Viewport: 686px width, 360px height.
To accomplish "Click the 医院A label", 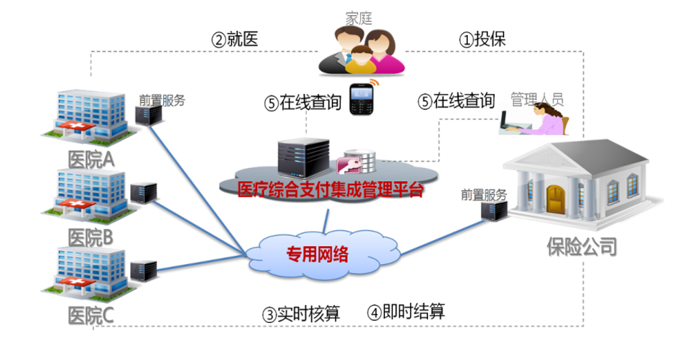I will (x=91, y=159).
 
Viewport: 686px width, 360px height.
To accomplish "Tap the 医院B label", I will (x=91, y=237).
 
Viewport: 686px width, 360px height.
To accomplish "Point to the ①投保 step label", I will (x=482, y=39).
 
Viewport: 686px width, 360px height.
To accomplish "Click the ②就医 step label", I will (x=235, y=39).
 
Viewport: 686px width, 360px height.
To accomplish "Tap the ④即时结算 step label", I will (x=405, y=312).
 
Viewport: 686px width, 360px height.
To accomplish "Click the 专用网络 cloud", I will (x=317, y=255).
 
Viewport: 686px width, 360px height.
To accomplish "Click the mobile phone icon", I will (x=361, y=99).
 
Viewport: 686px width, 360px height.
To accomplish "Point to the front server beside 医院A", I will (x=150, y=113).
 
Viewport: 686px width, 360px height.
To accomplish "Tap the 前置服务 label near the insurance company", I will (x=484, y=194).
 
